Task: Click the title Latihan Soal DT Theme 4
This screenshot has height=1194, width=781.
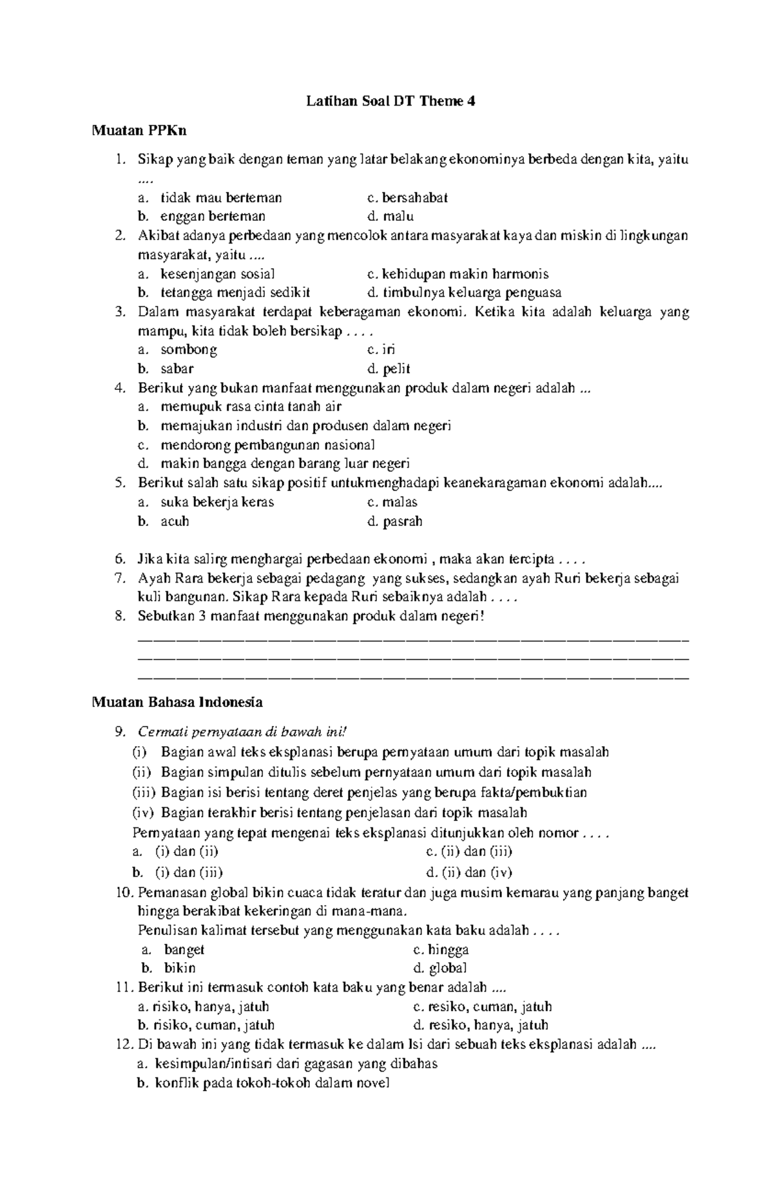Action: click(390, 102)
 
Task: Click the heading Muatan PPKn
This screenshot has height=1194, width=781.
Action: click(139, 131)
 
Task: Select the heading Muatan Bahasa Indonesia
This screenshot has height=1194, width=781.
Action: click(177, 702)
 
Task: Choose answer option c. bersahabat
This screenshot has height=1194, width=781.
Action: click(407, 197)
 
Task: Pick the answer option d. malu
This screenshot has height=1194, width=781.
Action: click(390, 216)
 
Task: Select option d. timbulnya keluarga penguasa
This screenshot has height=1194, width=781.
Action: click(464, 293)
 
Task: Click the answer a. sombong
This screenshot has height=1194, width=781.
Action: click(189, 350)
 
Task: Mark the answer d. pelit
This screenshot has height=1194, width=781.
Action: click(389, 369)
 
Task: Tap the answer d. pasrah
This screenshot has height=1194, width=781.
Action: click(394, 521)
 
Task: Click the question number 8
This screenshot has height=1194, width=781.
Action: click(119, 616)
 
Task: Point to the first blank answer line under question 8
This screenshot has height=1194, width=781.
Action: click(413, 640)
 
